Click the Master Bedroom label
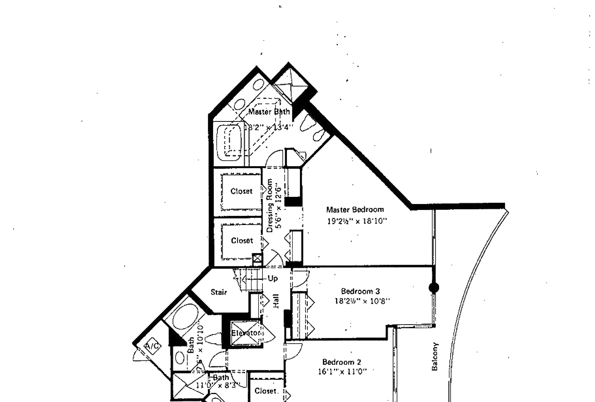(355, 210)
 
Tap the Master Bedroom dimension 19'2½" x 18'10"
(357, 221)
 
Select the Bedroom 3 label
(361, 291)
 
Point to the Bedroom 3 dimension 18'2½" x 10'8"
(362, 301)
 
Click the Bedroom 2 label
(342, 362)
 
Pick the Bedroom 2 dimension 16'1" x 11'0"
(342, 372)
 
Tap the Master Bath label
(269, 112)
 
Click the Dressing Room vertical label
(270, 205)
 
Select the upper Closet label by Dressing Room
(242, 191)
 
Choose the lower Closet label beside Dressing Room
(242, 240)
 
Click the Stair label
(219, 292)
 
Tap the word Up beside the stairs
(273, 279)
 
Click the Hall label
(276, 301)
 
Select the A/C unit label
(152, 346)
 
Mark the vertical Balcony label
(435, 356)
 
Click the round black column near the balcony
(434, 288)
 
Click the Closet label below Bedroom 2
(265, 391)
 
